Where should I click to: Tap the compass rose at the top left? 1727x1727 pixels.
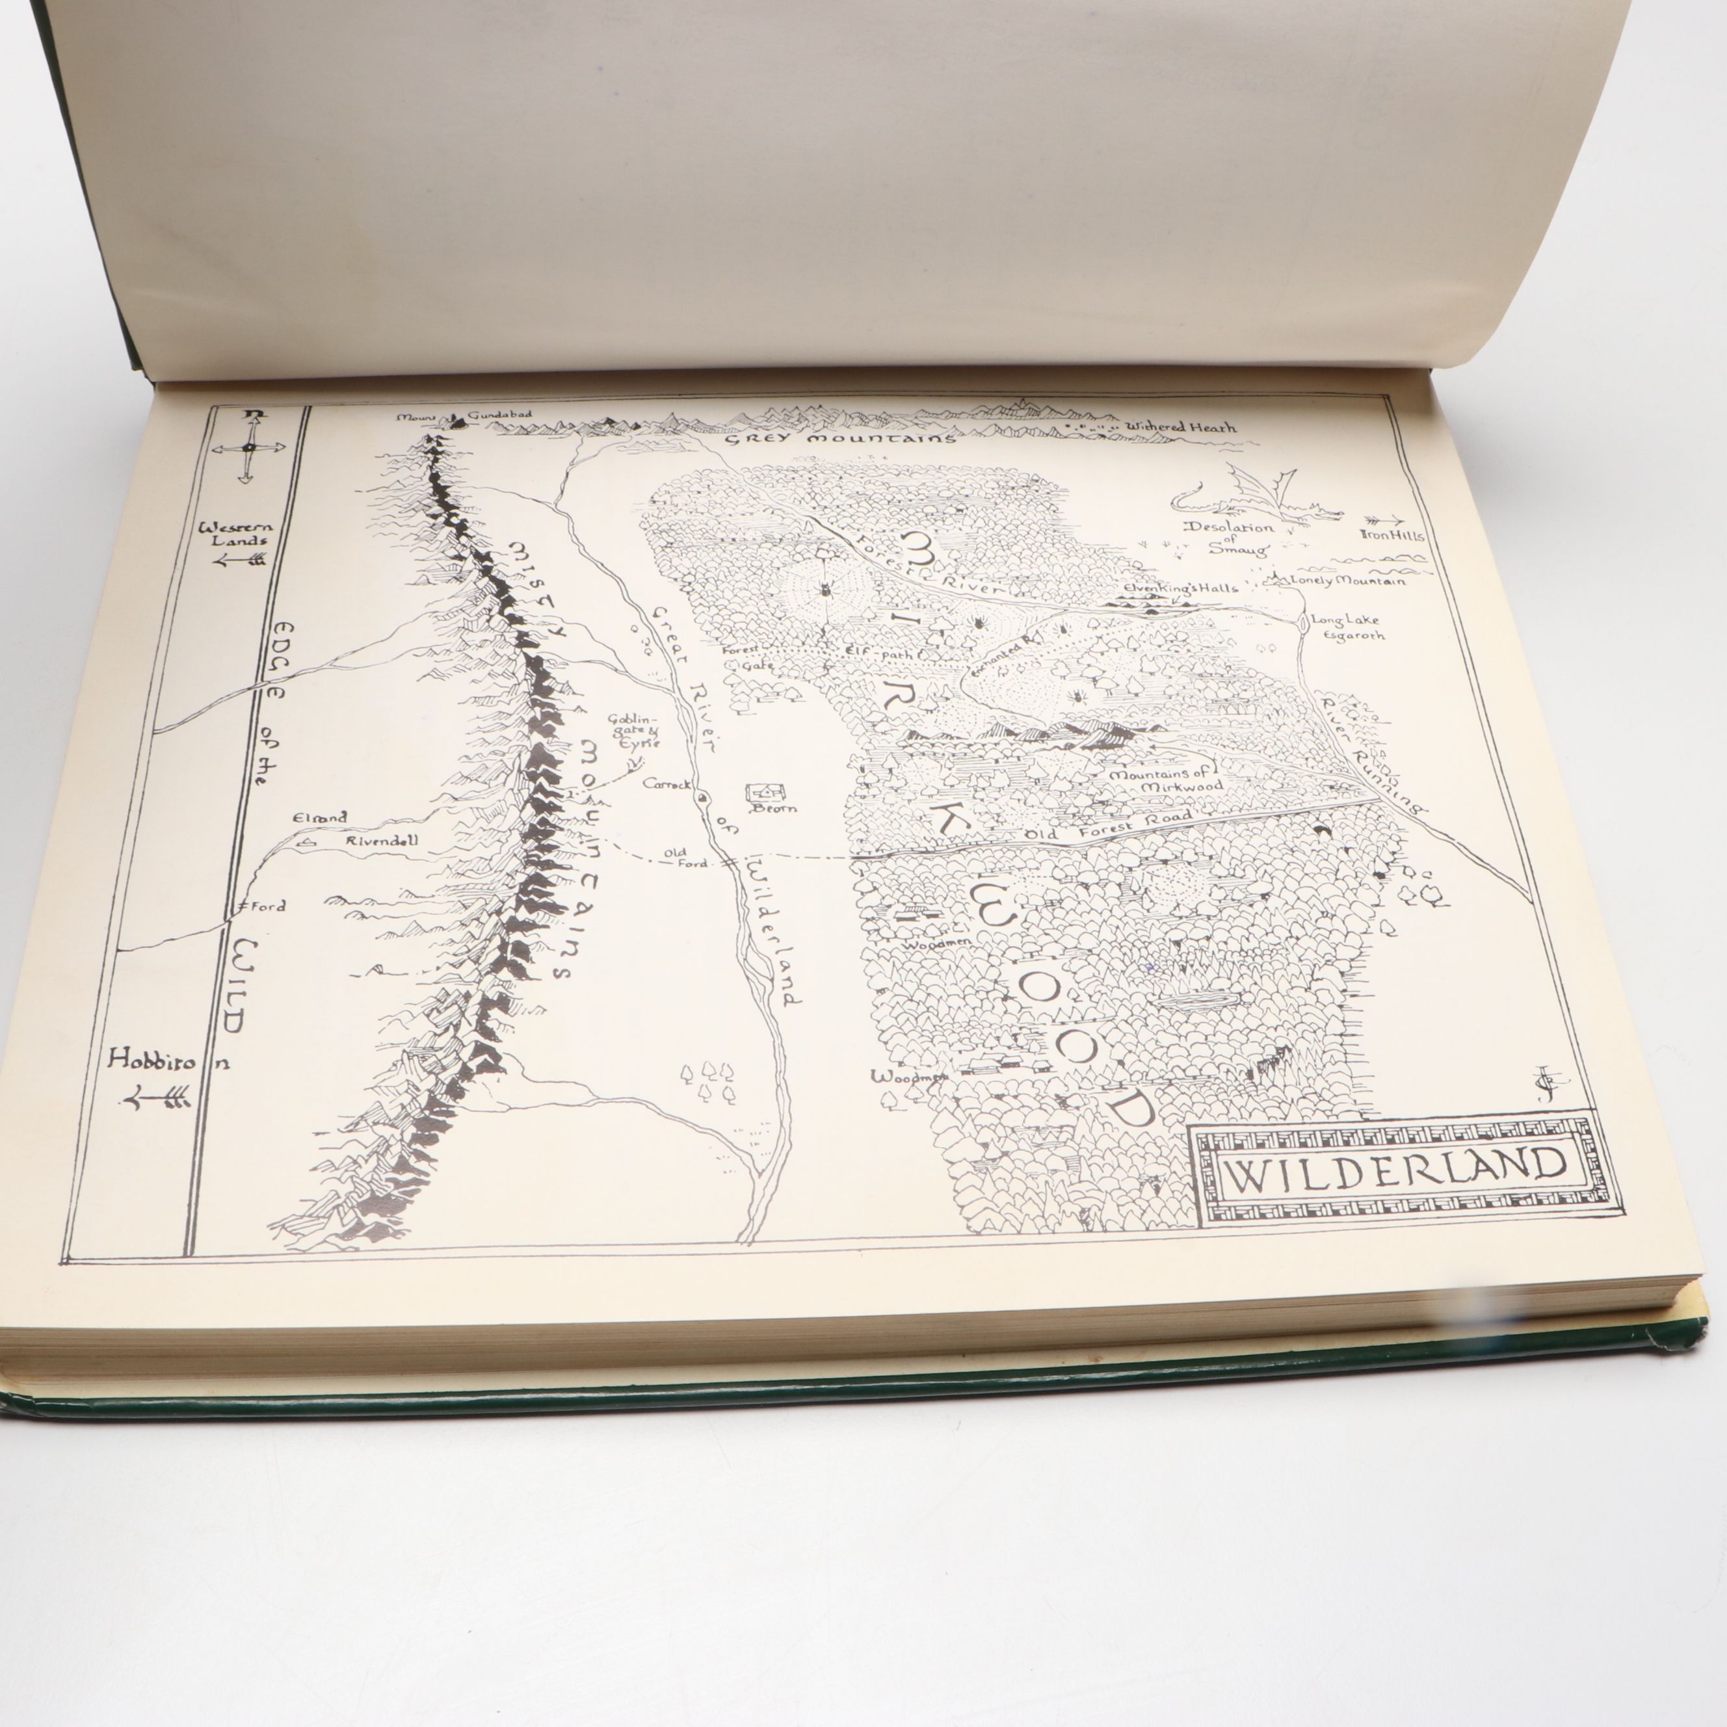click(x=248, y=446)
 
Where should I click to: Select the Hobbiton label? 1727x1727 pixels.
click(x=168, y=1061)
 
